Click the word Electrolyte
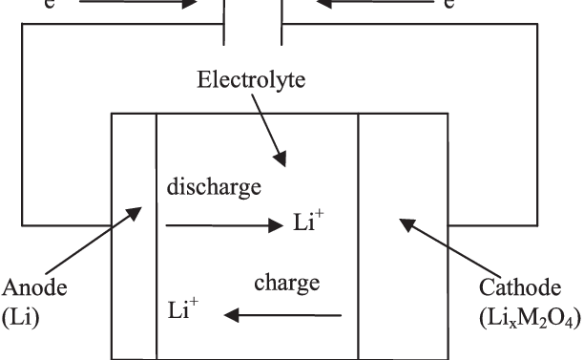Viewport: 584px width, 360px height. click(x=252, y=80)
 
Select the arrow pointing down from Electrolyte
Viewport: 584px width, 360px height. click(x=270, y=132)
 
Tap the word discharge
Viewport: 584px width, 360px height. click(x=214, y=187)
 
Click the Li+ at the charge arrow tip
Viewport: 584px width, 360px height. click(x=184, y=310)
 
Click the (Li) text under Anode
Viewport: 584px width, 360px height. click(x=20, y=317)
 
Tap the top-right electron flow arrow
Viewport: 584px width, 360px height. click(x=366, y=3)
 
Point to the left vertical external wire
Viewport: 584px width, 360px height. click(x=23, y=124)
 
